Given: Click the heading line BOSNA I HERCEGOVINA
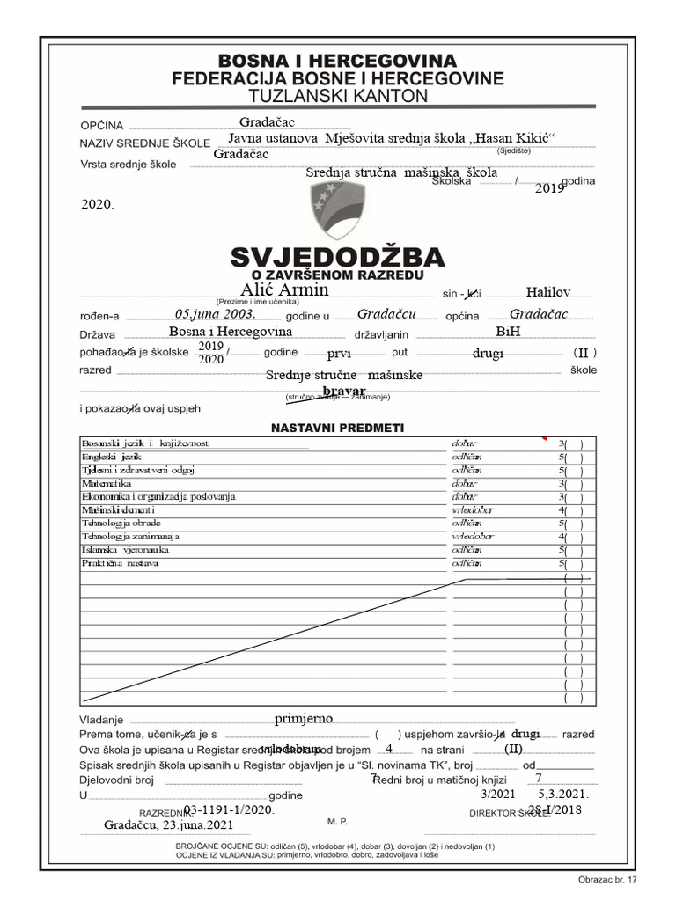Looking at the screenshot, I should tap(338, 61).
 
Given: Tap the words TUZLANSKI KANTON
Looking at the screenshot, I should tap(338, 96).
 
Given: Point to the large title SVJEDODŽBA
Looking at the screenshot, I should tap(338, 258).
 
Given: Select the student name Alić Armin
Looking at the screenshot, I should tap(284, 289).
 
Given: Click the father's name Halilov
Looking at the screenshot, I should tap(547, 292).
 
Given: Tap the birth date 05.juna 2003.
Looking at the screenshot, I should tap(215, 314).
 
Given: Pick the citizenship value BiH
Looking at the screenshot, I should tap(508, 333).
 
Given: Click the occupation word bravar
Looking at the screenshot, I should tap(343, 390).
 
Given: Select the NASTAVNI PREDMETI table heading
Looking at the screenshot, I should tap(337, 428).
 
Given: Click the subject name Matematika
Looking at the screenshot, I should tap(107, 484).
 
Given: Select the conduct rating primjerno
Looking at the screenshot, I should tap(303, 719).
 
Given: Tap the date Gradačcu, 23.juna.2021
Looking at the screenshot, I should tap(168, 825).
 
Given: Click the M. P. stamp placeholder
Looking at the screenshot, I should tap(337, 821).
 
